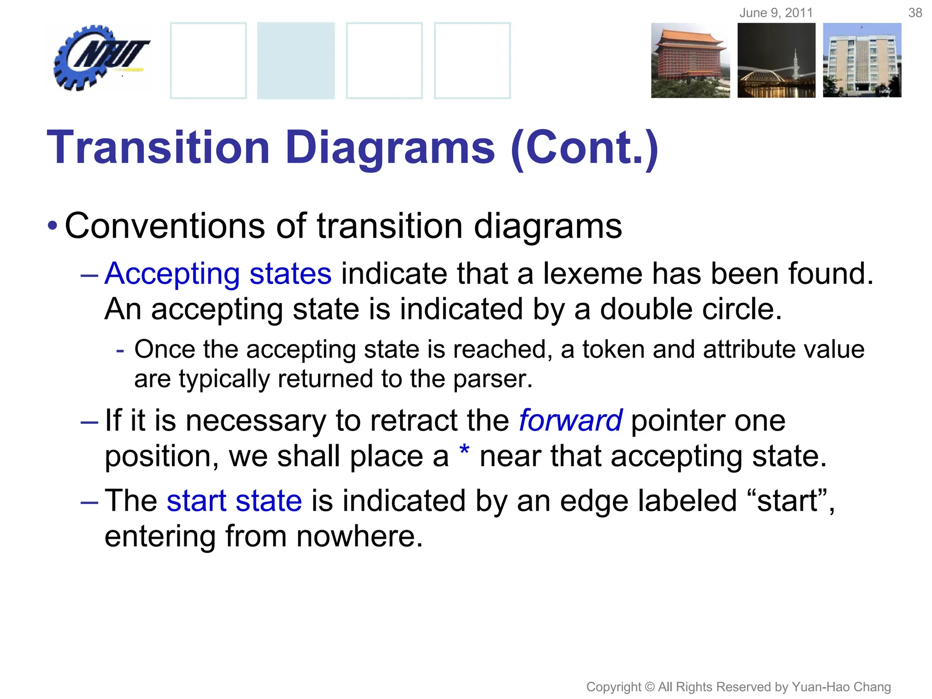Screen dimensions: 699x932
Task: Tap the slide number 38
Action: pos(915,13)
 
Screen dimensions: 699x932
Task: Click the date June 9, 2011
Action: pos(776,13)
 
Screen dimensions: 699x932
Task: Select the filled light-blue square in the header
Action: pos(296,61)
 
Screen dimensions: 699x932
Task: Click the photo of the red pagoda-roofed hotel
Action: pos(690,61)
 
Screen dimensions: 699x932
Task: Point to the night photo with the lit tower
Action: pos(776,61)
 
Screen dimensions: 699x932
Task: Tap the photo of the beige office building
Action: pos(862,61)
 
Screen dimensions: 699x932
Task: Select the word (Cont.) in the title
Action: pos(584,148)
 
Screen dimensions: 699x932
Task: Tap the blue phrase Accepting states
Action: pos(218,274)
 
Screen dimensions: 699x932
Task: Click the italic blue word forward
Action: pos(570,420)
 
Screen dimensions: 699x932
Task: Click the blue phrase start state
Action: pos(234,501)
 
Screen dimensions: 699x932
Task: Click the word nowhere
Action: pos(359,537)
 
